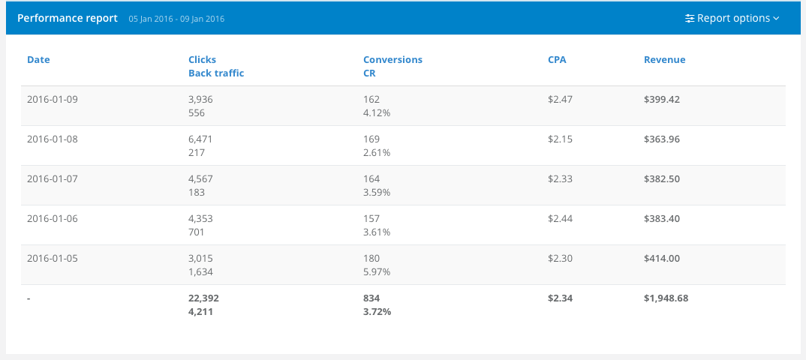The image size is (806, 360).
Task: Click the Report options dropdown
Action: tap(732, 18)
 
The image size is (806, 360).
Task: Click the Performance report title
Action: tap(68, 18)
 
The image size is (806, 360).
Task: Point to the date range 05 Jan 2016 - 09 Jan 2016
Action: tap(176, 19)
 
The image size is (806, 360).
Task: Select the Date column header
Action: tap(38, 59)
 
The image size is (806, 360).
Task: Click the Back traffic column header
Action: tap(216, 73)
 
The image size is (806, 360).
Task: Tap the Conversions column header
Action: tap(392, 59)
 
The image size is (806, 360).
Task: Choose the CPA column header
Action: tap(557, 59)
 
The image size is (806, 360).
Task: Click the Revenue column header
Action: tap(664, 59)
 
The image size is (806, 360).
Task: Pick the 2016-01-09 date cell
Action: tap(53, 99)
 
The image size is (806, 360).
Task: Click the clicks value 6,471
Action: tap(201, 139)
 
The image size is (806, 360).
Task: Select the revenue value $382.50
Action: tap(662, 178)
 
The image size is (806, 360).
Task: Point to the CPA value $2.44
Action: tap(560, 218)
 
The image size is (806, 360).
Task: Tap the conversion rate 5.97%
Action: tap(377, 271)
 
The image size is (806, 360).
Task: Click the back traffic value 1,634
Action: tap(200, 271)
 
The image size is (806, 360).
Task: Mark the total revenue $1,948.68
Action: tap(666, 298)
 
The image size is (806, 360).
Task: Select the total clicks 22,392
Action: tap(203, 298)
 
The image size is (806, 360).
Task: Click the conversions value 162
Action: tap(371, 99)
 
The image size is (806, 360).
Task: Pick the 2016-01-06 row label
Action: tap(53, 218)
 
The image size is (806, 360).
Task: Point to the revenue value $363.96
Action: tap(662, 139)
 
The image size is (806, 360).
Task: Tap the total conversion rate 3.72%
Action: tap(377, 311)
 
